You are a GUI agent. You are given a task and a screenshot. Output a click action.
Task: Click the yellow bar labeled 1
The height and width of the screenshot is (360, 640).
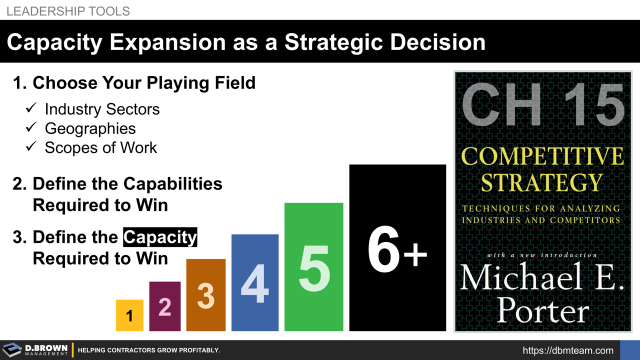point(129,315)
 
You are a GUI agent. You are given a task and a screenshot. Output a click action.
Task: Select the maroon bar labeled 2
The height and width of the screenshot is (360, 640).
point(165,306)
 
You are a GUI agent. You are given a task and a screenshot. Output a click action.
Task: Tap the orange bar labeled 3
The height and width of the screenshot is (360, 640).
point(206,295)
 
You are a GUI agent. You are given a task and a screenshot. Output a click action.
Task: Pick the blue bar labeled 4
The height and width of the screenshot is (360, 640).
point(255,283)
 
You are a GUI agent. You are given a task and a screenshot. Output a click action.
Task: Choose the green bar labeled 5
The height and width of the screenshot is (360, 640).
point(313,267)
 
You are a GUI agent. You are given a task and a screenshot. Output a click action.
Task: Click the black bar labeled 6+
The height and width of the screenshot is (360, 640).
point(397,248)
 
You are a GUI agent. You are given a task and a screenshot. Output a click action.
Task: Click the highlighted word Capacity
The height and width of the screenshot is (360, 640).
point(160,237)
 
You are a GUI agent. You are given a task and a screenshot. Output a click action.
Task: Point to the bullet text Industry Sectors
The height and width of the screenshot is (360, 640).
point(102,109)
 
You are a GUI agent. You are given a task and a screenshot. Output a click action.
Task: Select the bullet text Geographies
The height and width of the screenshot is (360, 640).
point(90,128)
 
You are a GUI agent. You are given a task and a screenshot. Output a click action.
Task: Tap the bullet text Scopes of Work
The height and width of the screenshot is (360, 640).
point(100,147)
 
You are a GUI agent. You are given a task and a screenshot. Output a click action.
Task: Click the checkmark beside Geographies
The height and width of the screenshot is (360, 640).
point(31,128)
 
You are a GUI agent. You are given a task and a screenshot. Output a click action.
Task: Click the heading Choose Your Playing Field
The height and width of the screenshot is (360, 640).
point(143,82)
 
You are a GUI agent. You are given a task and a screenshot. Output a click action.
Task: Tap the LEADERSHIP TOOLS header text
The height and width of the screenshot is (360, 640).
point(68,10)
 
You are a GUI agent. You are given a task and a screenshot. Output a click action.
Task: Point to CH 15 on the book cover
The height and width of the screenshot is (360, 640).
point(543,104)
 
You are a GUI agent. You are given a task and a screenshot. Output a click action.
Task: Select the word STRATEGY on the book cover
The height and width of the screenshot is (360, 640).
point(542,182)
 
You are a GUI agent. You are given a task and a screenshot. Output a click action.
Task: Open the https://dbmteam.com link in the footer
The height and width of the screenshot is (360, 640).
point(568,350)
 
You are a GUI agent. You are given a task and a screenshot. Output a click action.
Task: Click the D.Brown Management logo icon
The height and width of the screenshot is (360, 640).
point(12,350)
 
